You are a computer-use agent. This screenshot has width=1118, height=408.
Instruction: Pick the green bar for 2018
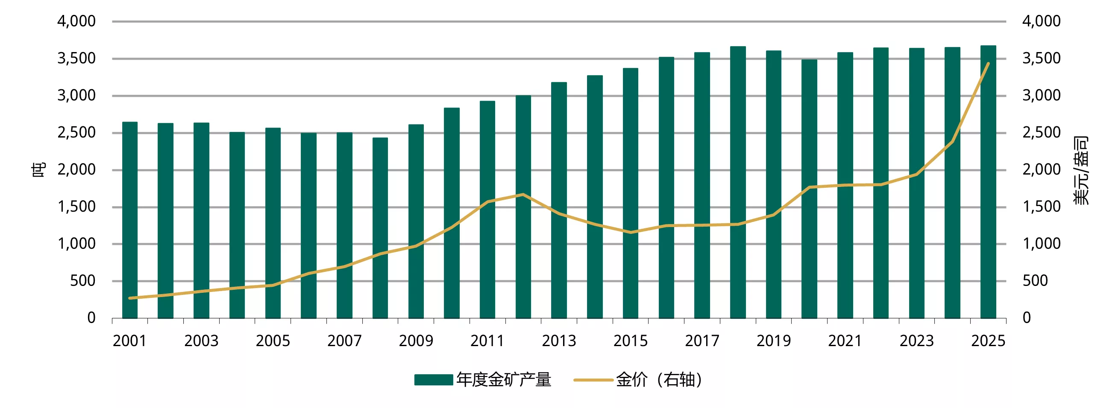(738, 182)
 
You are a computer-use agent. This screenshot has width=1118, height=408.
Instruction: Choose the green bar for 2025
(988, 182)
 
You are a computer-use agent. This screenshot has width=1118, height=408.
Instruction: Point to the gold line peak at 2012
(523, 194)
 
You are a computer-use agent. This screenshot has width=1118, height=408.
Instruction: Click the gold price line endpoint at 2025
(988, 63)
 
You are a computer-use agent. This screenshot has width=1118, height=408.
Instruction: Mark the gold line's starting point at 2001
(130, 298)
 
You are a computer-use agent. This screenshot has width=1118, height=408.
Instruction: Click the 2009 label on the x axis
(416, 341)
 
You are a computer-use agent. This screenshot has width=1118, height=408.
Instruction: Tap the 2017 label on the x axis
(702, 341)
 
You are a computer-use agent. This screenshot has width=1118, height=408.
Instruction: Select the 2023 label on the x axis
(916, 341)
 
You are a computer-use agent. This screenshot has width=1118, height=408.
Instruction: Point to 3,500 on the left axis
(76, 58)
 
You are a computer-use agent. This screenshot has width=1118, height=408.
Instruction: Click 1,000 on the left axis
(76, 244)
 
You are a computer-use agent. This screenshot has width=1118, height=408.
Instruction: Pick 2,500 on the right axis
(1041, 133)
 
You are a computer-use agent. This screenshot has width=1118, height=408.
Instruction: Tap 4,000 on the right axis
(1041, 21)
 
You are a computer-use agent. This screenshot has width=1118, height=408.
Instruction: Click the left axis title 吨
(38, 169)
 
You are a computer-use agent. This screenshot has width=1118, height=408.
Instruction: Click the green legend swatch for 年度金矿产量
(433, 380)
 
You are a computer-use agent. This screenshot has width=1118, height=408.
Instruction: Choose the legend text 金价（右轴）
(659, 380)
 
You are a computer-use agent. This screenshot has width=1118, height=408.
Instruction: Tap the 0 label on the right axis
(1027, 318)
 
